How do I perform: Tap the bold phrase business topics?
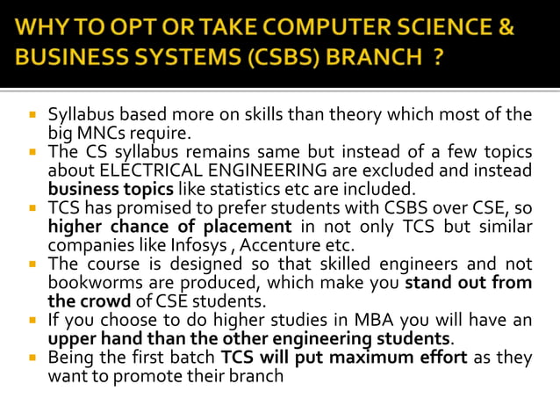(111, 188)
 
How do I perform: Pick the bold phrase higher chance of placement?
(168, 226)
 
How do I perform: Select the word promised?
(139, 208)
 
